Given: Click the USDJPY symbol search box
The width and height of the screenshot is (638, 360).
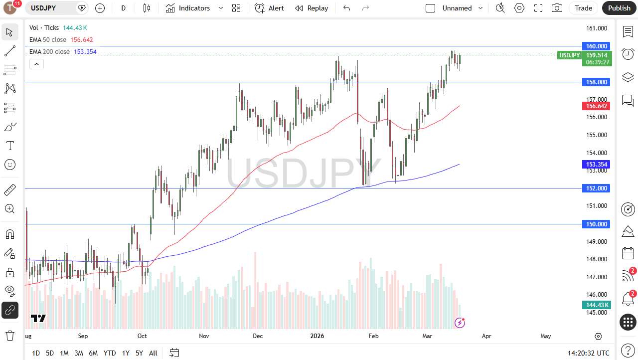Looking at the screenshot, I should [x=52, y=8].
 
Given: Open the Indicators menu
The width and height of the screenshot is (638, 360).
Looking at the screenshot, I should [x=188, y=8].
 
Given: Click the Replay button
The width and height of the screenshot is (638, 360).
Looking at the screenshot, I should [x=312, y=8].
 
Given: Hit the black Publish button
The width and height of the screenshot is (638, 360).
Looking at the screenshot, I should [x=619, y=8].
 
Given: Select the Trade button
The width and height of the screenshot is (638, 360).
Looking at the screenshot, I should [x=583, y=8].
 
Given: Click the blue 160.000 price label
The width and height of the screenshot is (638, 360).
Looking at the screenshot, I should [x=596, y=46].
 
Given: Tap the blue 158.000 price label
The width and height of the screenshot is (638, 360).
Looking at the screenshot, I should [x=596, y=82].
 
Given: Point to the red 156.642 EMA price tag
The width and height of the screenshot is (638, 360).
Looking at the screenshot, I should [x=596, y=106].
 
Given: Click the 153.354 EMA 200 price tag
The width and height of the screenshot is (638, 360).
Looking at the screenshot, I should [x=596, y=164].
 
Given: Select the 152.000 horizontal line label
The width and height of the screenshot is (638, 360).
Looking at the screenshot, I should [x=596, y=188].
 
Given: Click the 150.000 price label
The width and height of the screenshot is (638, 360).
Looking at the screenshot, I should [x=596, y=224].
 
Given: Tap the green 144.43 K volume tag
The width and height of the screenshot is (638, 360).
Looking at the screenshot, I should [x=596, y=305].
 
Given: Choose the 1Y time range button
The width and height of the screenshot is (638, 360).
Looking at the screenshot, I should [x=126, y=353].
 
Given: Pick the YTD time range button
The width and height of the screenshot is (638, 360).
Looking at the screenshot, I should [x=110, y=353].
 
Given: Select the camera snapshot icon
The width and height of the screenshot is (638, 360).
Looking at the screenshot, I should [x=557, y=8].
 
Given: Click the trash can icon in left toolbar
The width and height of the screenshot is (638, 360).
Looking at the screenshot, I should [x=10, y=335].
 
